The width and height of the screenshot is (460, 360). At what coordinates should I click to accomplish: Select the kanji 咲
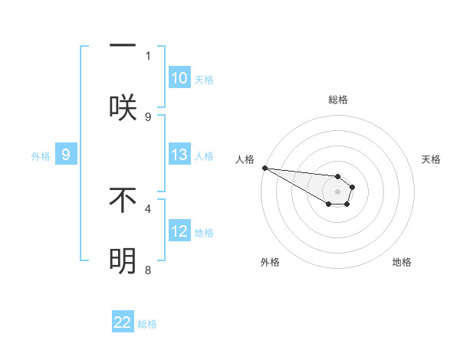(x=123, y=107)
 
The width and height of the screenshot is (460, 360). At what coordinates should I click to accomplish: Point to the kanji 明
(x=123, y=261)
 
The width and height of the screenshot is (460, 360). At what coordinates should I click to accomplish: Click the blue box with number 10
(x=179, y=78)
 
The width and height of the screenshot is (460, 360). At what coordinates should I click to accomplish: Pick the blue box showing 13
(x=179, y=155)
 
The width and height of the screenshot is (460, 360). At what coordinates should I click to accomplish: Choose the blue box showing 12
(x=179, y=231)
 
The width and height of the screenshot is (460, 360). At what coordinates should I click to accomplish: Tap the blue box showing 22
(x=123, y=322)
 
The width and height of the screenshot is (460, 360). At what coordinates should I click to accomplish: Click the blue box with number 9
(x=66, y=155)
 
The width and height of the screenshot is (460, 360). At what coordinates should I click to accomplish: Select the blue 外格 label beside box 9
(x=41, y=155)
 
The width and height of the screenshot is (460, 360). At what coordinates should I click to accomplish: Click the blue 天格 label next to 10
(x=204, y=79)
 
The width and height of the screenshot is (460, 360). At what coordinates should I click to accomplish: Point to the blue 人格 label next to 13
(x=204, y=155)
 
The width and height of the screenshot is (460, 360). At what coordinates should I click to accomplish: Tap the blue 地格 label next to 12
(x=204, y=232)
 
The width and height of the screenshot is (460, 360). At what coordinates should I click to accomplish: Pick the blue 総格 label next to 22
(x=147, y=323)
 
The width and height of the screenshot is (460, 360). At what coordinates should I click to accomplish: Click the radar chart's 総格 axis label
(x=337, y=100)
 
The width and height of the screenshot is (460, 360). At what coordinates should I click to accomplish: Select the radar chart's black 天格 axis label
(x=431, y=159)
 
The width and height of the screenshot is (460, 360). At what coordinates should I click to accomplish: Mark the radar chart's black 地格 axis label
(x=402, y=262)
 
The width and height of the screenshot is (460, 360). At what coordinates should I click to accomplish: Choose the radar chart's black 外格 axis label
(x=270, y=262)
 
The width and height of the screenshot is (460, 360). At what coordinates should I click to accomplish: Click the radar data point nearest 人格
(x=264, y=168)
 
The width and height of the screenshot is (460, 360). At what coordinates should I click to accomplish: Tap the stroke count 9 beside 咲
(x=148, y=116)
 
